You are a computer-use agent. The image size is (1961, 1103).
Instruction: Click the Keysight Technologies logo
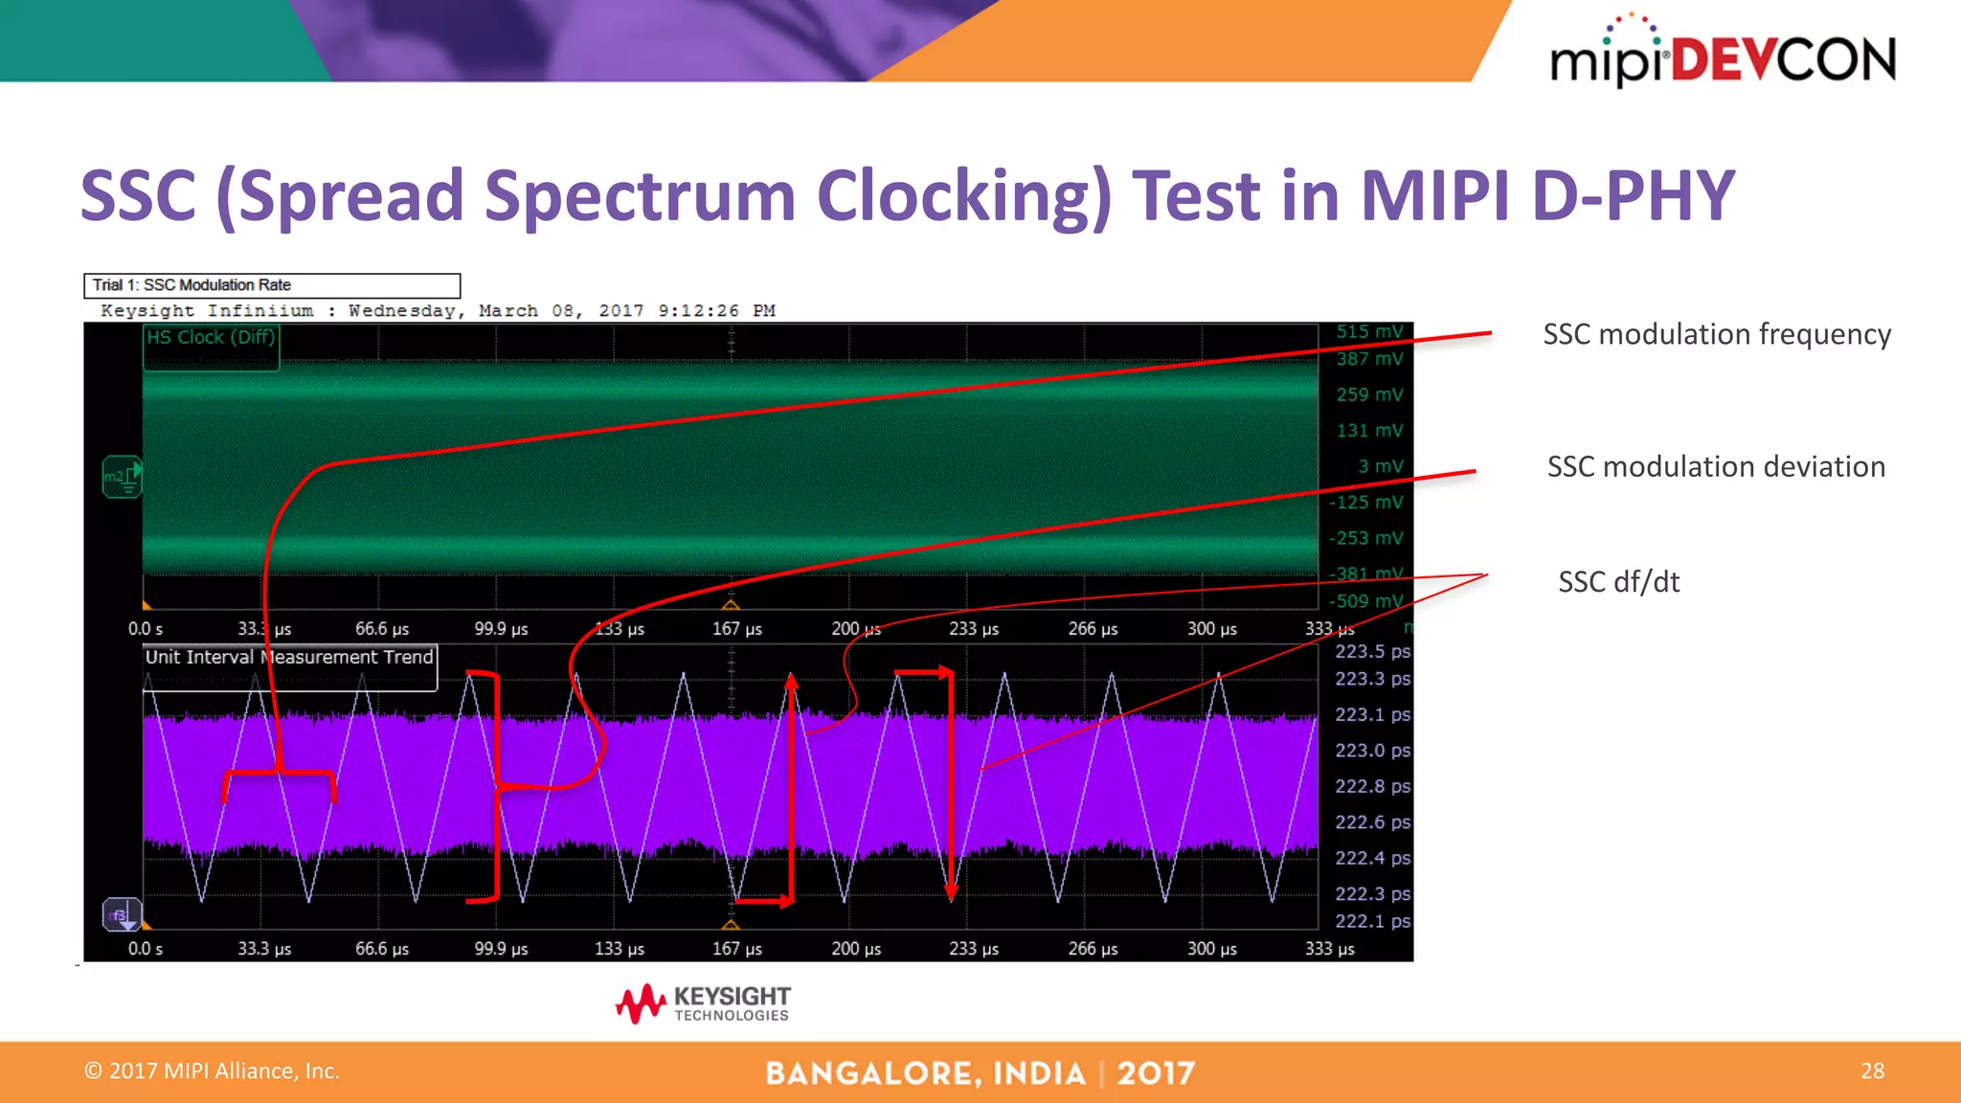[x=704, y=1003]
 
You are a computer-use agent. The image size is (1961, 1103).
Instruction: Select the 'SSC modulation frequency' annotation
[x=1716, y=334]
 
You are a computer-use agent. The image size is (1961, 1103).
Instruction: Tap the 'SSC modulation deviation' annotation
[x=1716, y=466]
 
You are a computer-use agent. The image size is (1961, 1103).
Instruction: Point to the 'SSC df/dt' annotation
[x=1618, y=581]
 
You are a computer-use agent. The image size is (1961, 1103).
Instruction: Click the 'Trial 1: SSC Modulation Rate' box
[x=272, y=285]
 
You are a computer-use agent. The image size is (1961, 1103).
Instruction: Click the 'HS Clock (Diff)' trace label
[x=211, y=337]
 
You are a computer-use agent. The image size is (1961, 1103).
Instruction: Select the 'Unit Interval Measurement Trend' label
[x=289, y=657]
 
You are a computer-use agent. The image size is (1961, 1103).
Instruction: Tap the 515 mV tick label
[x=1369, y=331]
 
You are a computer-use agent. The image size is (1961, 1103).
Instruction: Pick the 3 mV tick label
[x=1380, y=466]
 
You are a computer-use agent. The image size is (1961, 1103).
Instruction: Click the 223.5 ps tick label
[x=1372, y=651]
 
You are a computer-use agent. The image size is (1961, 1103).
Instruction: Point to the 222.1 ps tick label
[x=1372, y=921]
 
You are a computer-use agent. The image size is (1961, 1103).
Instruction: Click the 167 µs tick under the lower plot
[x=736, y=948]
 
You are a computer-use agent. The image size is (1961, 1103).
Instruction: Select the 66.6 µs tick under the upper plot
[x=382, y=629]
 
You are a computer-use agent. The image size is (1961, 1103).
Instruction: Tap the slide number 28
[x=1872, y=1070]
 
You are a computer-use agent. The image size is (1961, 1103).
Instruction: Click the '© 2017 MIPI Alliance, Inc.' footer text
[x=212, y=1070]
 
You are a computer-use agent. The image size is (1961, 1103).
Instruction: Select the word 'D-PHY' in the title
[x=1632, y=195]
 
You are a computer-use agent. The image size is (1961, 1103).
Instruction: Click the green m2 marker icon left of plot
[x=122, y=476]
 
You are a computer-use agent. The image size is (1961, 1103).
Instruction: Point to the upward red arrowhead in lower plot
[x=792, y=681]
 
